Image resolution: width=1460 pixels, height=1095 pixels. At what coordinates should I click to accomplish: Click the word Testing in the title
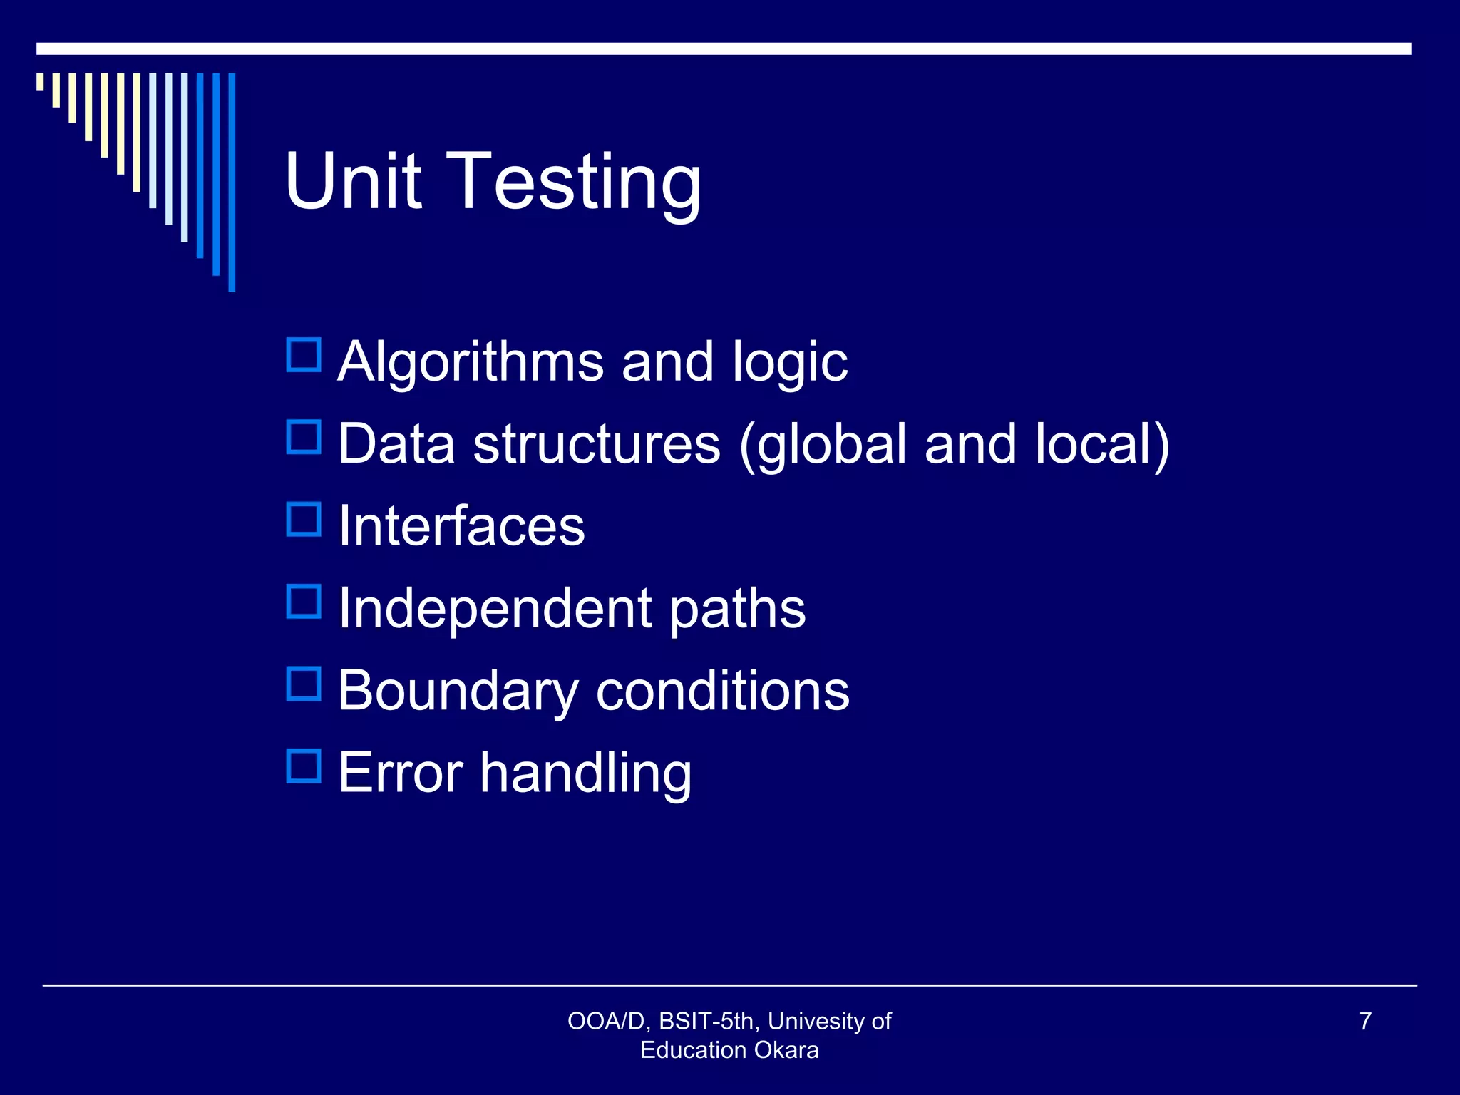click(x=577, y=184)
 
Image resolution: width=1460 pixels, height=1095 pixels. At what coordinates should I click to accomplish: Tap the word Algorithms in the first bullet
click(x=471, y=362)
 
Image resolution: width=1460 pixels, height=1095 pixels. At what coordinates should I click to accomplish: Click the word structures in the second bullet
click(x=597, y=443)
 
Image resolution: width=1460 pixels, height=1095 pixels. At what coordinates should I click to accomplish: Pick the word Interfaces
click(x=461, y=526)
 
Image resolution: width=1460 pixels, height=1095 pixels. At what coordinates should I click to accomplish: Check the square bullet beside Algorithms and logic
click(x=304, y=355)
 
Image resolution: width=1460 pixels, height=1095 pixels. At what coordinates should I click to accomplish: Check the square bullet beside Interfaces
click(x=304, y=519)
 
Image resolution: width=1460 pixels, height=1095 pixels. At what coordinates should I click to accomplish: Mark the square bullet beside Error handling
click(x=304, y=766)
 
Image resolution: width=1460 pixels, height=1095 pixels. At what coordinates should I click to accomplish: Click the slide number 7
click(x=1365, y=1021)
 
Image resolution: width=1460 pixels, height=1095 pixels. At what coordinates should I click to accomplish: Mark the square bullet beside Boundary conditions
click(x=304, y=684)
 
